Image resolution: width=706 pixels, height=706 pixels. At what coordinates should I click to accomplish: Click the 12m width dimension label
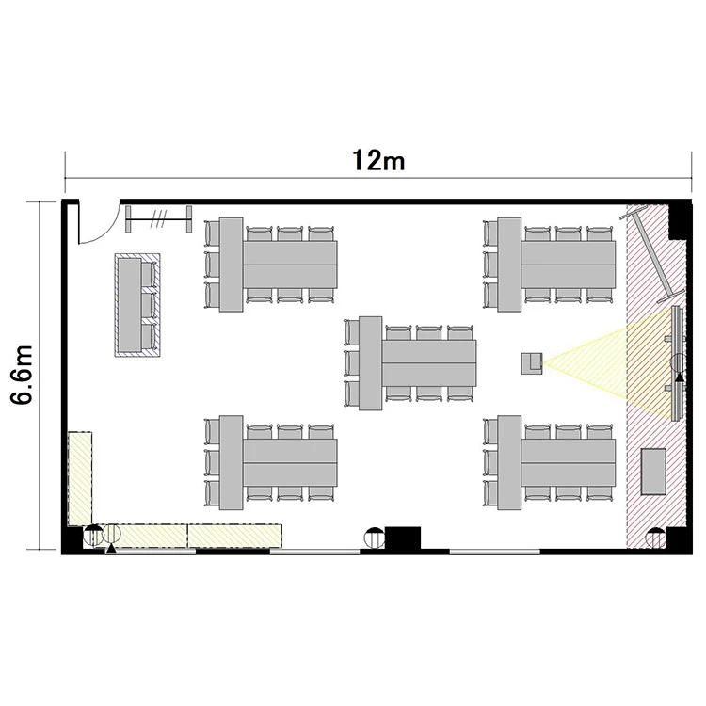378,160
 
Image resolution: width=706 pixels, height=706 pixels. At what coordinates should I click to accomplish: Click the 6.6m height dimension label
22,375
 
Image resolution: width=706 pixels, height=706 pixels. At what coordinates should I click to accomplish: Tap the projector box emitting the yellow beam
532,363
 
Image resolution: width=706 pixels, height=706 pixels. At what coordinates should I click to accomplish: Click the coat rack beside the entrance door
158,219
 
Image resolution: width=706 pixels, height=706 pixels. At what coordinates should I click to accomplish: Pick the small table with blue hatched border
137,305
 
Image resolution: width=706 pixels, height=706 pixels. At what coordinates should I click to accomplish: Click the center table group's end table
371,363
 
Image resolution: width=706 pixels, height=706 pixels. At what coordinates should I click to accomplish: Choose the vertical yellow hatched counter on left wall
80,478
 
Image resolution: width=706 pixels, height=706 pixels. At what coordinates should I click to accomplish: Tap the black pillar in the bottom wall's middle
403,538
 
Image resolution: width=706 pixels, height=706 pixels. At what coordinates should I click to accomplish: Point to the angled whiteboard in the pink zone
652,254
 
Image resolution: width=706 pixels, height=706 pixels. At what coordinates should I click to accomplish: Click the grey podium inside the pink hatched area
653,472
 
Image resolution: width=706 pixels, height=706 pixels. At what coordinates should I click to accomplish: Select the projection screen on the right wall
677,363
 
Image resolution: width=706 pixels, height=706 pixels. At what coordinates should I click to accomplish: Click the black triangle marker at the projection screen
680,377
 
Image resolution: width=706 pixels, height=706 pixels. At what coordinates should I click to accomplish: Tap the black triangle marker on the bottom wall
111,548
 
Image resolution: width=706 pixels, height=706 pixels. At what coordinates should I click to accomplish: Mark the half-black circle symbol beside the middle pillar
374,538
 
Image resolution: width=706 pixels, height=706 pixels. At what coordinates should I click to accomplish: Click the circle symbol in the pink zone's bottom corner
655,538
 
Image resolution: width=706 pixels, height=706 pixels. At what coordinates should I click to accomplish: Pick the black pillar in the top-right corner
680,219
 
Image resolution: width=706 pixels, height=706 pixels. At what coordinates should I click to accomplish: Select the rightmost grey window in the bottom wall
495,552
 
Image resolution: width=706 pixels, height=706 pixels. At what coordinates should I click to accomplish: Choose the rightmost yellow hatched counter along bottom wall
234,536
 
